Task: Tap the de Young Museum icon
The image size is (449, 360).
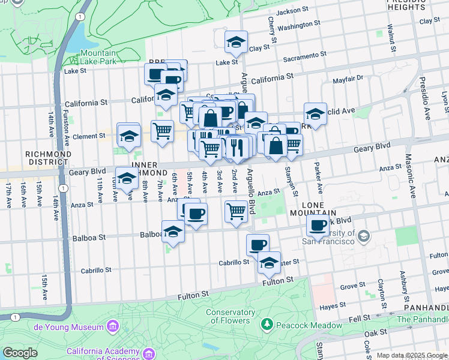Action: point(112,326)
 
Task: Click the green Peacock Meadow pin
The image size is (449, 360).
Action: point(267,325)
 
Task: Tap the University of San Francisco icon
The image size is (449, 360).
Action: point(363,238)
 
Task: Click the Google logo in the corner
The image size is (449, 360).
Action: point(20,353)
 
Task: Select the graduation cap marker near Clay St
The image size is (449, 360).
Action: point(236,43)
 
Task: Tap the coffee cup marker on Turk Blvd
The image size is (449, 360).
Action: point(318,226)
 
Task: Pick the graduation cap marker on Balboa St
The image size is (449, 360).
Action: point(173,232)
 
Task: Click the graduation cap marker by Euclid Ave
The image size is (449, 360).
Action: point(315,113)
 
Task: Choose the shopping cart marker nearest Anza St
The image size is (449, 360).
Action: point(237,212)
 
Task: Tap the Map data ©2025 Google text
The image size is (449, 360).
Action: point(412,355)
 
